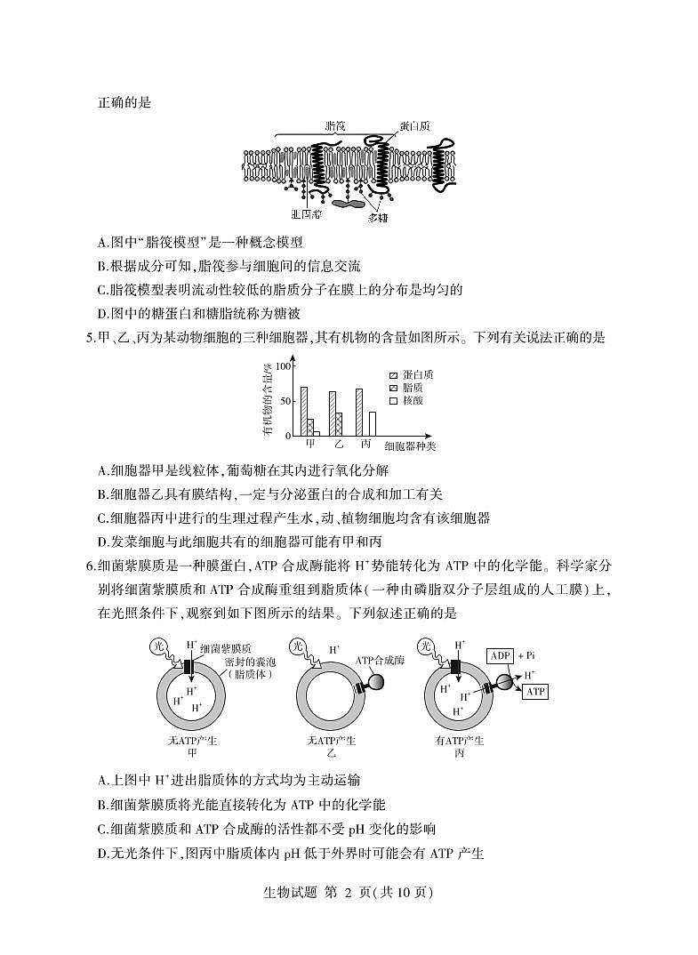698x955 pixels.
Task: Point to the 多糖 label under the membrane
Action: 377,218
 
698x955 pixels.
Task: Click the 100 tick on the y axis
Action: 284,366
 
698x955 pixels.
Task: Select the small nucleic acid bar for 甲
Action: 317,433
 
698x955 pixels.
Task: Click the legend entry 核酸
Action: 412,402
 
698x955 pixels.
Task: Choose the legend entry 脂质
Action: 412,389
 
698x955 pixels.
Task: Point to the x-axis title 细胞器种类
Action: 410,445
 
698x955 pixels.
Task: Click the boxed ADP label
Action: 502,655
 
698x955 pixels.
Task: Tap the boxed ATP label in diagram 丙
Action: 535,691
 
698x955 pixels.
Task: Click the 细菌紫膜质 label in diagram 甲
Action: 228,650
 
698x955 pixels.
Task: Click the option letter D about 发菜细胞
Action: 103,541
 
